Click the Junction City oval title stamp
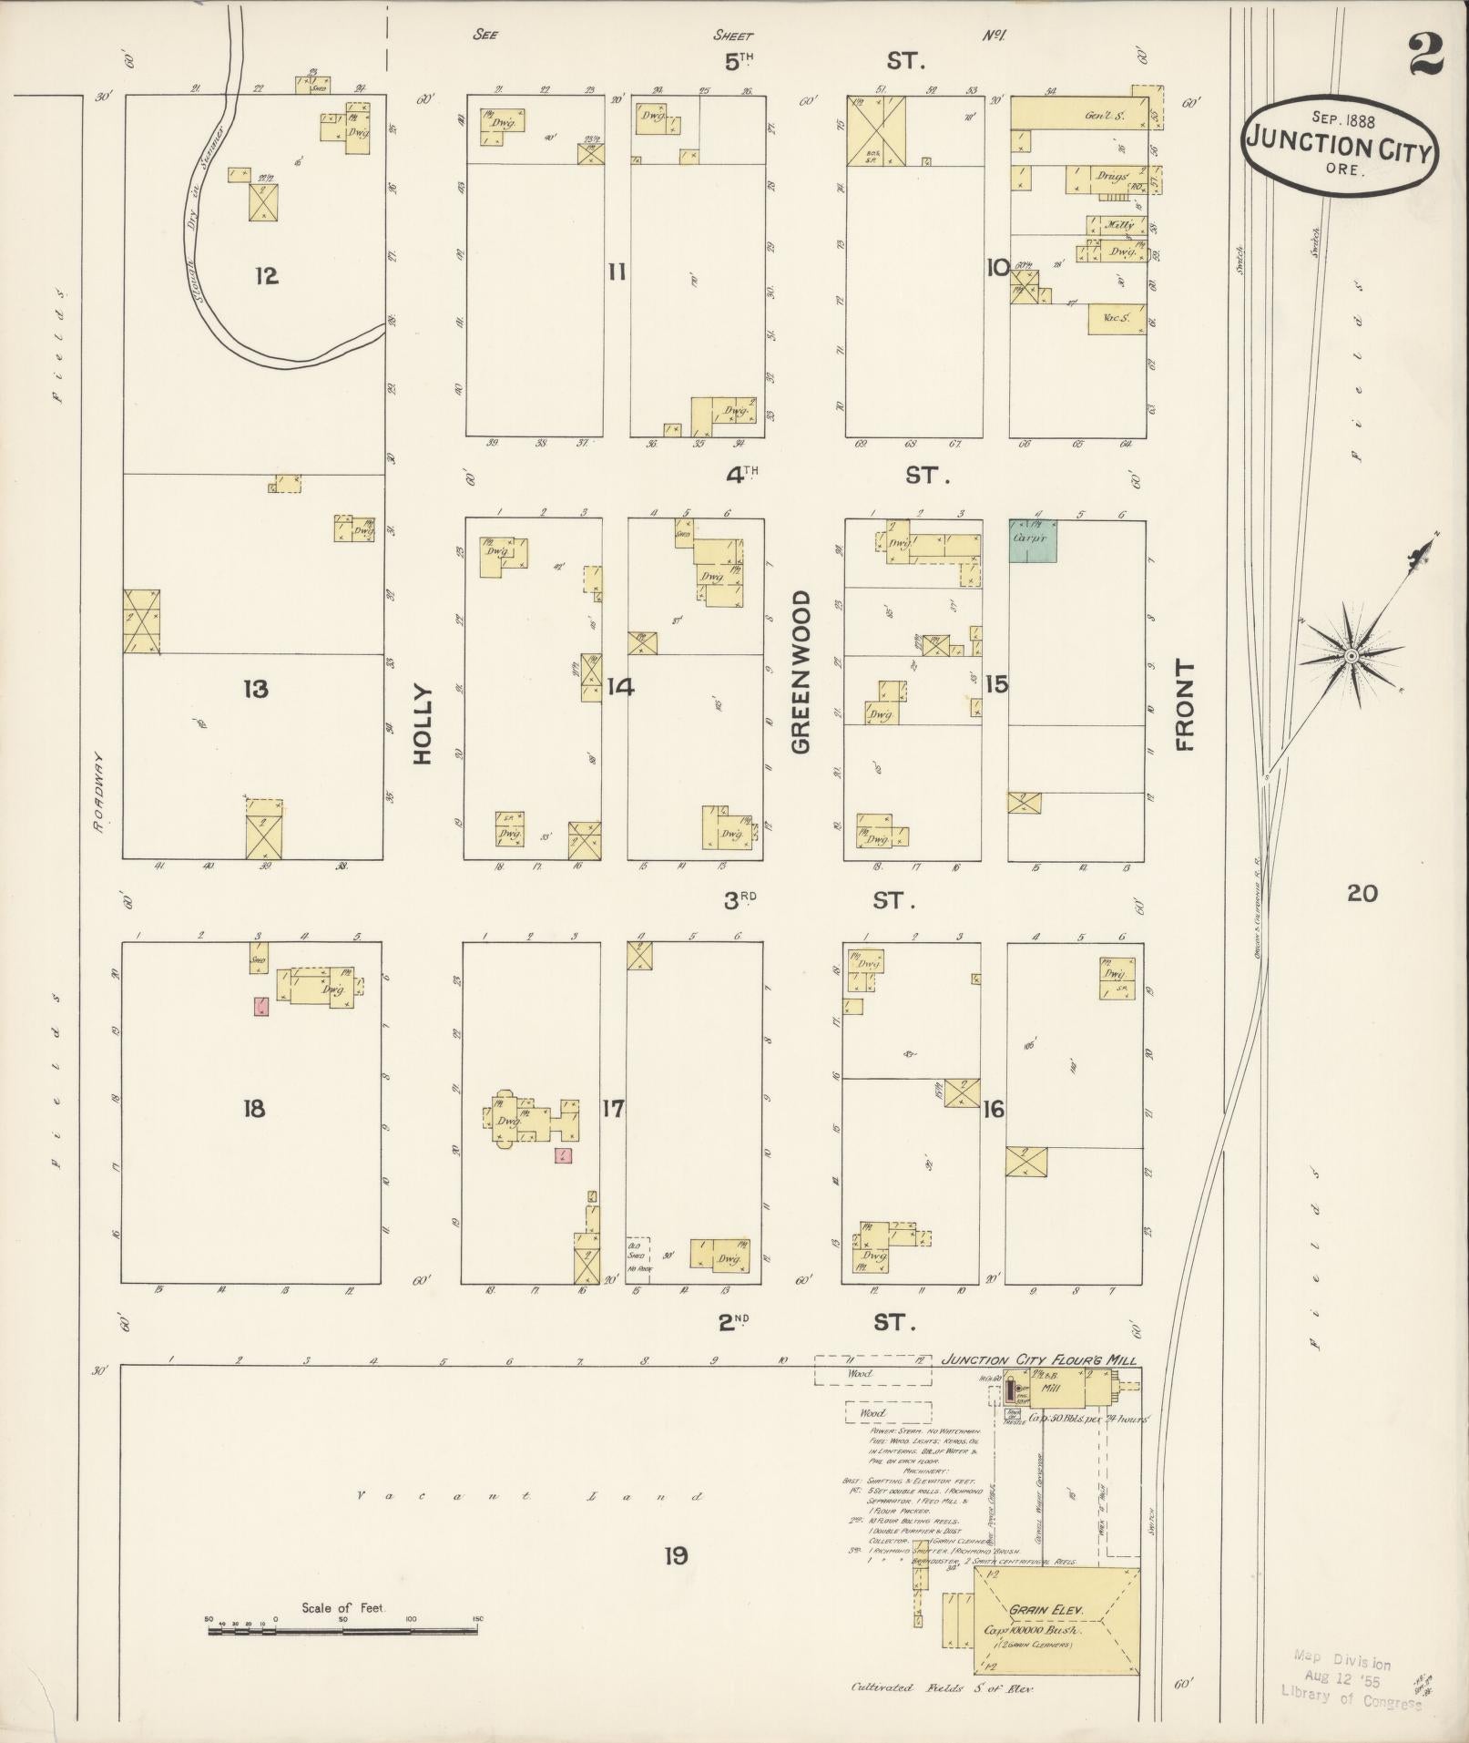1338,147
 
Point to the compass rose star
1352,655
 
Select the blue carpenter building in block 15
1033,540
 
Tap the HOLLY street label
423,724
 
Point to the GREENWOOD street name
801,672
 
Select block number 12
266,275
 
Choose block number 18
253,1109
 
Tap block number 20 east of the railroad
1362,893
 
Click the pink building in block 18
260,1006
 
